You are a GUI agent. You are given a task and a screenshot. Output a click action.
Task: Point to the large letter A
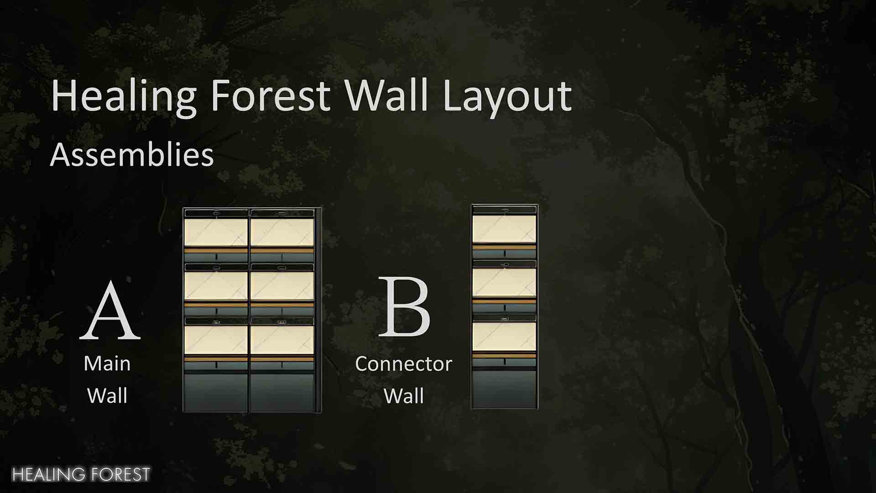110,311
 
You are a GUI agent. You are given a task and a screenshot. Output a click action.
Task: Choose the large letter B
405,307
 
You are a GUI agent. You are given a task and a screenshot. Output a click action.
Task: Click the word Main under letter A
107,363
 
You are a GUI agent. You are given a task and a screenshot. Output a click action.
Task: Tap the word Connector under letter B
404,364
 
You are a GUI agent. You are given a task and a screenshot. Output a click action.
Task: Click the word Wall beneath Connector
404,396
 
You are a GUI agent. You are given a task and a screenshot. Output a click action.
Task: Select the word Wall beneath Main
107,396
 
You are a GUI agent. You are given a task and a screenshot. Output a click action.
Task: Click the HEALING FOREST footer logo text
81,475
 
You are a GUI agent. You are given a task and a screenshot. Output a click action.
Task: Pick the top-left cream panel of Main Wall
216,232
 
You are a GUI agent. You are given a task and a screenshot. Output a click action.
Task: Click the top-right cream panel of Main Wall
282,232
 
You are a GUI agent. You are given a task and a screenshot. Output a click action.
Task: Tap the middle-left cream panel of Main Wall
216,286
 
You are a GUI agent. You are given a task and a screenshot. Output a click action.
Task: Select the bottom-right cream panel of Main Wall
282,340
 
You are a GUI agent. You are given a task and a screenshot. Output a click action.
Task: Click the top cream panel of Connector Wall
504,229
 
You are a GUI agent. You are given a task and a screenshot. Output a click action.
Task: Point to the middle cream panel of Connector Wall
504,283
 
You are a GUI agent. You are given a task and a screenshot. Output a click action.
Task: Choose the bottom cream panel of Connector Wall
504,337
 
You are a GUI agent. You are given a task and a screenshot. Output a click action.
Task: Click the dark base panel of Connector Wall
504,389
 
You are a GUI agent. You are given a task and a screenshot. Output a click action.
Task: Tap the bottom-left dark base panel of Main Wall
216,393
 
